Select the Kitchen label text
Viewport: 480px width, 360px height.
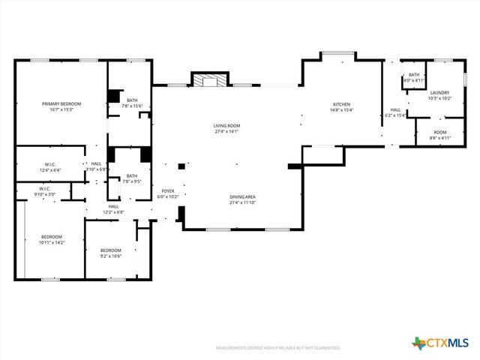(x=342, y=104)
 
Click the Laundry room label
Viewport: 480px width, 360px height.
(x=439, y=94)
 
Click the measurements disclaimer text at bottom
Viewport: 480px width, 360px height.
(x=277, y=348)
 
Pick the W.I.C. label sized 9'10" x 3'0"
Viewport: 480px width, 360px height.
(x=45, y=190)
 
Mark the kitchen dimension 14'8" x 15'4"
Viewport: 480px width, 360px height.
(x=342, y=110)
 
